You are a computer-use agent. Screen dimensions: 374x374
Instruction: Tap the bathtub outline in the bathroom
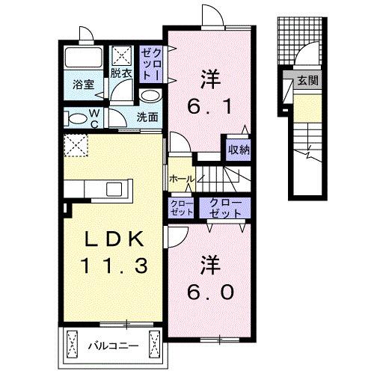[82, 58]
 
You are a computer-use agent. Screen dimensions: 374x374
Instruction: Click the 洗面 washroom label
[147, 117]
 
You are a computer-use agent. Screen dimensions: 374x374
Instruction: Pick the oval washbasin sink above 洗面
[149, 96]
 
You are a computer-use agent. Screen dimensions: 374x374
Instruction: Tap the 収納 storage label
[239, 149]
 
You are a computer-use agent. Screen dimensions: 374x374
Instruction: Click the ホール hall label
[182, 180]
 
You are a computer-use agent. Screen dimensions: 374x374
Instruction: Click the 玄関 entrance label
[304, 82]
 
